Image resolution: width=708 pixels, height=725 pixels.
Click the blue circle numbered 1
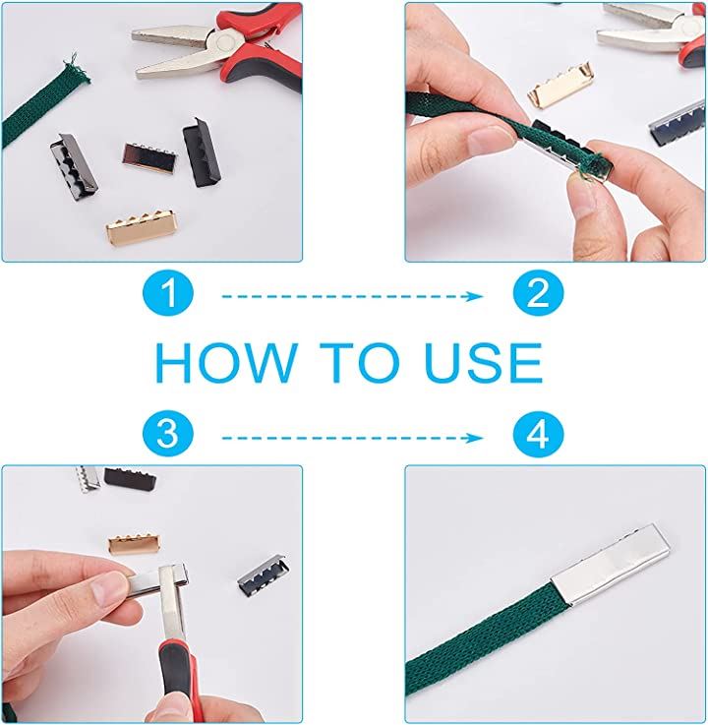pyautogui.click(x=168, y=293)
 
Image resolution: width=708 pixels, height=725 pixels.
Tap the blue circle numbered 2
pyautogui.click(x=539, y=293)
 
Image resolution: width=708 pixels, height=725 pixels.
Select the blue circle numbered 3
pyautogui.click(x=168, y=436)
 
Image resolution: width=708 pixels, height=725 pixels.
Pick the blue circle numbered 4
pyautogui.click(x=539, y=436)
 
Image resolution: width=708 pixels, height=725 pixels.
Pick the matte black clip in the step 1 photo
pyautogui.click(x=202, y=152)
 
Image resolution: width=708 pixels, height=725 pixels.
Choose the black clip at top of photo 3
pyautogui.click(x=130, y=479)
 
